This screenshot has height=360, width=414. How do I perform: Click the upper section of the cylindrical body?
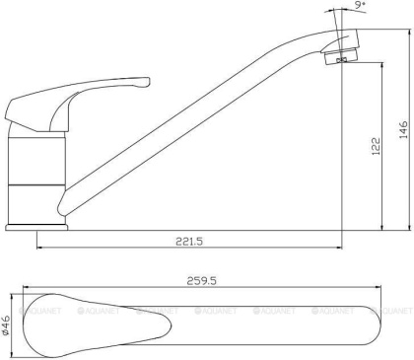(x=38, y=159)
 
